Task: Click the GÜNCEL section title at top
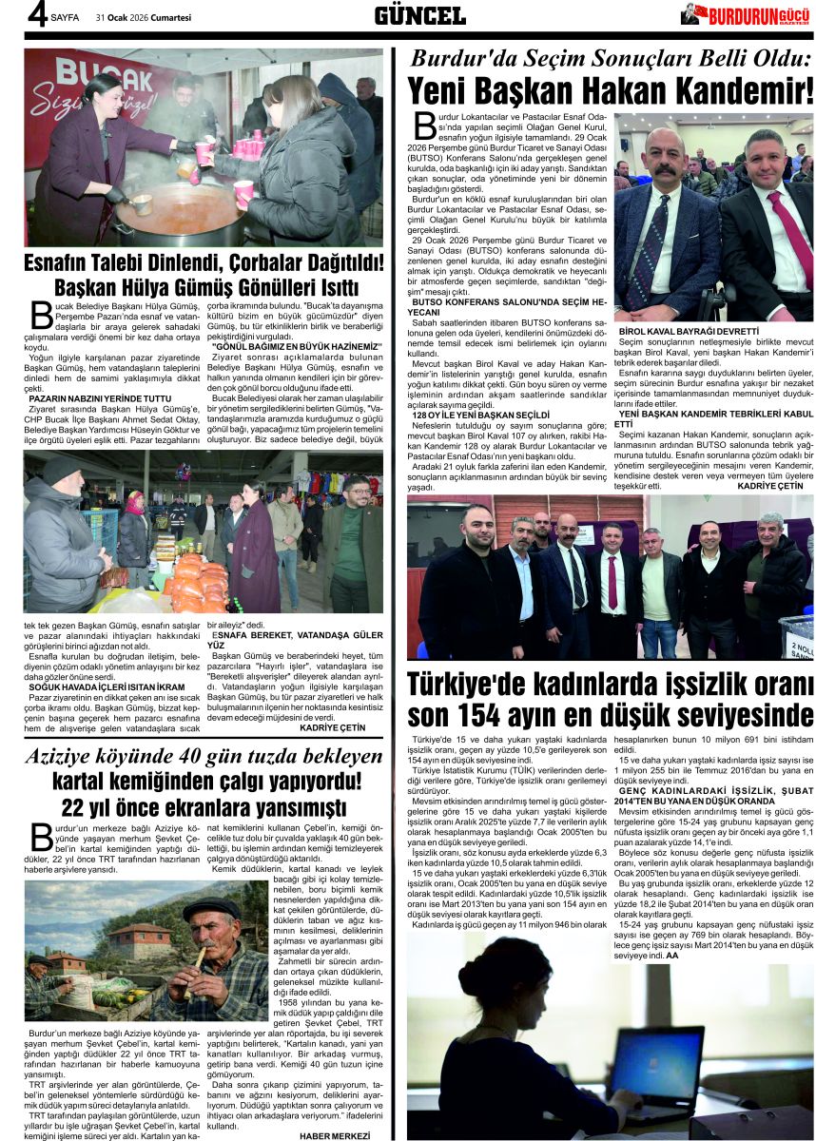point(419,15)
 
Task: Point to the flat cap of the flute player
point(212,909)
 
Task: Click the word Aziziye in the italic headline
point(74,758)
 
